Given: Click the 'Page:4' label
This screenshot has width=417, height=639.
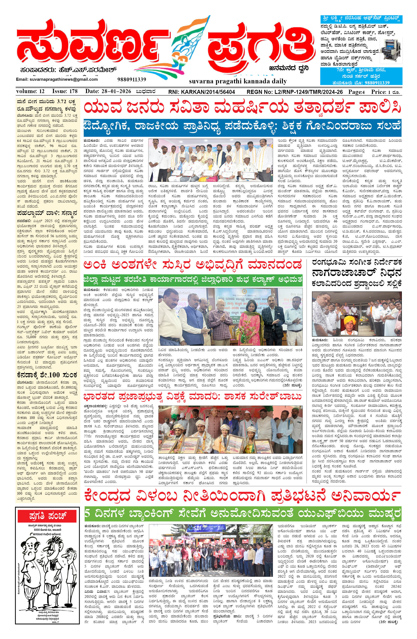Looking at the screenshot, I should click(x=356, y=92).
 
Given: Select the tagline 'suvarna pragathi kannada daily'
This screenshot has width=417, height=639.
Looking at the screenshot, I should click(x=238, y=81).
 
